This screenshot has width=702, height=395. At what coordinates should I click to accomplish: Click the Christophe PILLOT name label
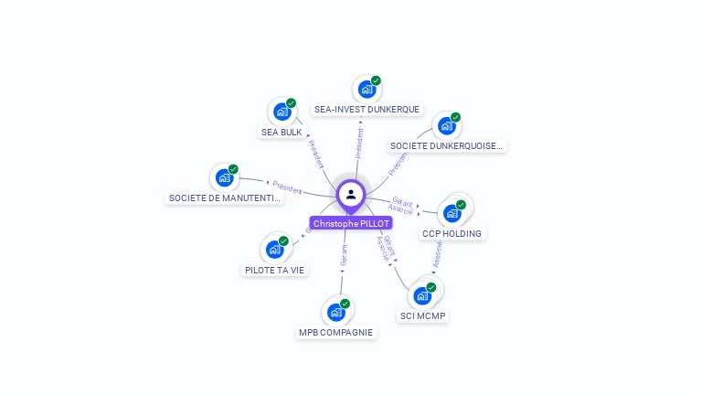(351, 223)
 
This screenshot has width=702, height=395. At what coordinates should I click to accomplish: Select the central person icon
(351, 194)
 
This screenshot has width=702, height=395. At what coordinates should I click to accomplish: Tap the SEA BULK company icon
(282, 112)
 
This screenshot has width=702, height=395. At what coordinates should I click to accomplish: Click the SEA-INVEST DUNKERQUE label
(367, 109)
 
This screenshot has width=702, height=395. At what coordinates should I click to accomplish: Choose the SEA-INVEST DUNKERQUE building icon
(367, 89)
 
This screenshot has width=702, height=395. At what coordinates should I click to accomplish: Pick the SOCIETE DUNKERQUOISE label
(446, 145)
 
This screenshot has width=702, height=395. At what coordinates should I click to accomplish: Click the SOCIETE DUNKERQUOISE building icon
(446, 126)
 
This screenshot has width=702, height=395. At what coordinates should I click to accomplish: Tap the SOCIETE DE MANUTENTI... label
(225, 197)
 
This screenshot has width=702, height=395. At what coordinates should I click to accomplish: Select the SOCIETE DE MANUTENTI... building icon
(224, 177)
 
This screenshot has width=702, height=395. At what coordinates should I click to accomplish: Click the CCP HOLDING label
(452, 233)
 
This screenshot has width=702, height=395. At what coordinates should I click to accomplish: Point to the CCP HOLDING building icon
(452, 213)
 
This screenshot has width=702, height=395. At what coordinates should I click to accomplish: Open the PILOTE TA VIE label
(275, 270)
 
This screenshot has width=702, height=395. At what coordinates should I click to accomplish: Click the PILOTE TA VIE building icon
(274, 249)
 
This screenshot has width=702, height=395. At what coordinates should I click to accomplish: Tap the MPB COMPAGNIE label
(336, 332)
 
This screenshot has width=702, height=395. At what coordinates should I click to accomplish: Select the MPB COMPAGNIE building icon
(336, 312)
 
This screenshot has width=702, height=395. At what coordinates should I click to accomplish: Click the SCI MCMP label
(423, 316)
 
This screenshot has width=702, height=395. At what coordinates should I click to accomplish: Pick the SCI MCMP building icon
(422, 295)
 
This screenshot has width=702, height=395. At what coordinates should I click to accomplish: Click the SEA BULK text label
(282, 132)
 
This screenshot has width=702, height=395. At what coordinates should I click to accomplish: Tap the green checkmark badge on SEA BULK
(291, 103)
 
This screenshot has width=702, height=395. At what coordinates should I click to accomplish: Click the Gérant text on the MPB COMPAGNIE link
(344, 256)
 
